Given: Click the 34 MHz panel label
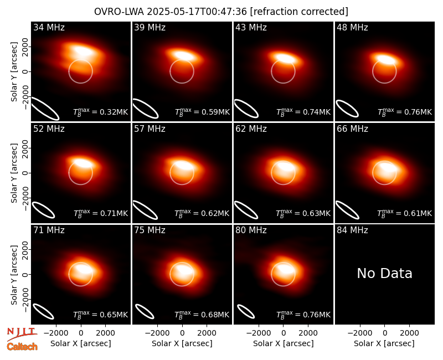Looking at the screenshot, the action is point(49,27).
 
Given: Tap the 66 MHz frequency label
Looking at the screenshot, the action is point(352,129).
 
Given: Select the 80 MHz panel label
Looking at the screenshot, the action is point(251,230).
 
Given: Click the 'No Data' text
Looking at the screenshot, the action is point(384,273).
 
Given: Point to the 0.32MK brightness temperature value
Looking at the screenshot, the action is point(110,112).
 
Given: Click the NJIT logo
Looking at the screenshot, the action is point(22,333).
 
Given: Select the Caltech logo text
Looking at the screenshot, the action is point(22,347).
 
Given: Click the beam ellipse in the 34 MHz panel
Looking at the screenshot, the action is point(45,108).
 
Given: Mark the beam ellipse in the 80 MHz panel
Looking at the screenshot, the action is point(246,311).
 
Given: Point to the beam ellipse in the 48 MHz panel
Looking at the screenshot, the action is point(347,109).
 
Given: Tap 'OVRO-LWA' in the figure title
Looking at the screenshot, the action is point(119,12).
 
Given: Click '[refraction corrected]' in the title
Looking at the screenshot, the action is point(299,12).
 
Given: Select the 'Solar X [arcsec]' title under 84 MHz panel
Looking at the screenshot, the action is point(384,343).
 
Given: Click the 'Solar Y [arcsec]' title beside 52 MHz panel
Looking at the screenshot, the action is point(14,173).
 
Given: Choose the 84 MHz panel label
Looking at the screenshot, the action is point(352,230).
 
